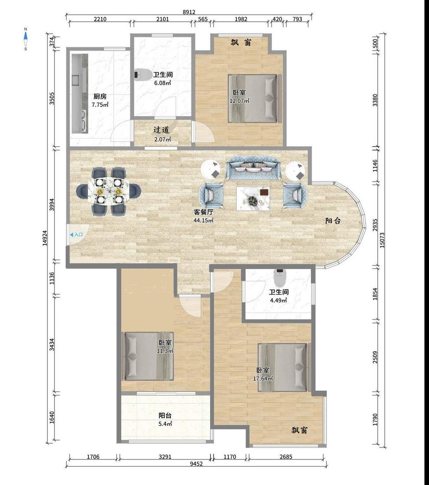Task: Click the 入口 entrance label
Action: click(x=76, y=235)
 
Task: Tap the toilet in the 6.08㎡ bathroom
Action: click(x=143, y=75)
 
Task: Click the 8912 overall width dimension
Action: click(x=189, y=12)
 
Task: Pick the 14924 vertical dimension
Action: click(x=45, y=238)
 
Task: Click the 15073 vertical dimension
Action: click(x=382, y=240)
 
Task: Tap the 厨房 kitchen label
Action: click(x=100, y=96)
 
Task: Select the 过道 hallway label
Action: click(x=161, y=130)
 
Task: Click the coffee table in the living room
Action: click(x=253, y=199)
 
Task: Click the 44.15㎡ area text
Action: click(x=203, y=220)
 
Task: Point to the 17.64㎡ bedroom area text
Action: click(x=263, y=379)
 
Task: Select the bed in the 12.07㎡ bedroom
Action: click(x=255, y=98)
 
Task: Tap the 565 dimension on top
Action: click(x=203, y=19)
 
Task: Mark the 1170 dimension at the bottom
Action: click(x=230, y=457)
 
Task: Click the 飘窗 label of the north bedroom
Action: click(x=241, y=42)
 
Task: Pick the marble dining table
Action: click(x=109, y=191)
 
